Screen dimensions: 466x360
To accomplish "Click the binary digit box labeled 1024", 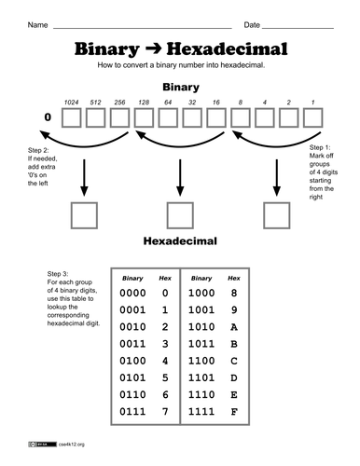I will pyautogui.click(x=71, y=118).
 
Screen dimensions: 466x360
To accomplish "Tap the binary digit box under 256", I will pyautogui.click(x=119, y=118).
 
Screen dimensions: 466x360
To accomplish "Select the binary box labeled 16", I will pyautogui.click(x=216, y=118).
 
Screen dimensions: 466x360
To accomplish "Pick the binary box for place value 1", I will pyautogui.click(x=313, y=118).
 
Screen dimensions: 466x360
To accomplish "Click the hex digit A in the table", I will pyautogui.click(x=234, y=327).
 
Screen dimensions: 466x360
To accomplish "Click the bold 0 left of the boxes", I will pyautogui.click(x=48, y=118).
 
